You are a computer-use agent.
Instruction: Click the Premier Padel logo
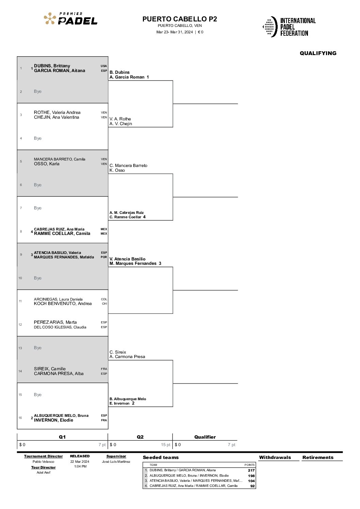(70, 18)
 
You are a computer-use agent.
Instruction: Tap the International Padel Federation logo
(289, 27)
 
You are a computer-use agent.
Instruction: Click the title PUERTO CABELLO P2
(180, 19)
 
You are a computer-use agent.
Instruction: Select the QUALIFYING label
(318, 53)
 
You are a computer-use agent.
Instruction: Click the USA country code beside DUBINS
(104, 66)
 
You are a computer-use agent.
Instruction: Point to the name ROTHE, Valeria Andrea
(57, 113)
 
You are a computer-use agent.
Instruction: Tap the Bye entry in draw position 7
(38, 208)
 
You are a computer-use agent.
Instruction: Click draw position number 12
(20, 324)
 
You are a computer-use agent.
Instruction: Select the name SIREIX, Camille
(50, 369)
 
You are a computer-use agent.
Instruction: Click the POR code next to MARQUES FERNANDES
(104, 257)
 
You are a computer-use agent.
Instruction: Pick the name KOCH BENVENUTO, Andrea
(63, 304)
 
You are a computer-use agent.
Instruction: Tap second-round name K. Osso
(117, 170)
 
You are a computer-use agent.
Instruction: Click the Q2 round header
(140, 437)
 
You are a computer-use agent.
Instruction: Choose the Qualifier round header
(205, 437)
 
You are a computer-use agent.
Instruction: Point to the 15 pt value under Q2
(166, 445)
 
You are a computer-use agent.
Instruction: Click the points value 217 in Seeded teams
(251, 470)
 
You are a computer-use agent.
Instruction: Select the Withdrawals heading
(275, 457)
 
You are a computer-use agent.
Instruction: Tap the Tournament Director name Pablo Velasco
(44, 461)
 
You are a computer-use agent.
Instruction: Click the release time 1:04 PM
(80, 466)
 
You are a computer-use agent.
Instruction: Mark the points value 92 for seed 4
(252, 486)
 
